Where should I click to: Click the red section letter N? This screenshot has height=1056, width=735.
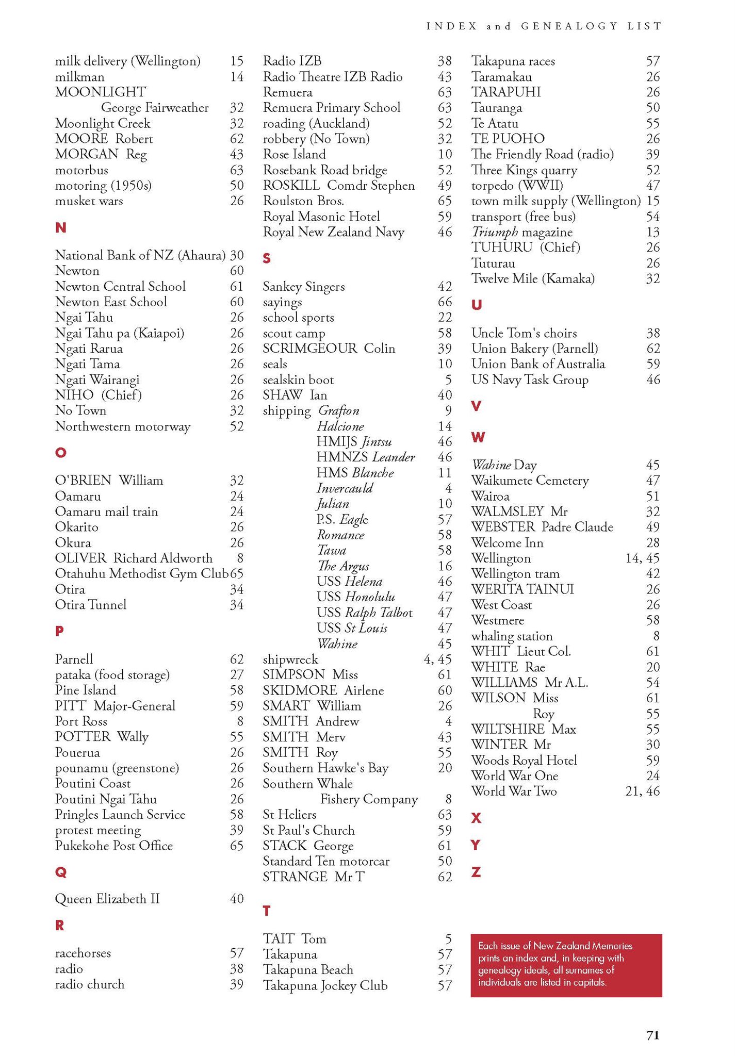click(60, 227)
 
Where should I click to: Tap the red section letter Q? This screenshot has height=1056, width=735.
click(60, 872)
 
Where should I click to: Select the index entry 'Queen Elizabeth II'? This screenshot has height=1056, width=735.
click(107, 899)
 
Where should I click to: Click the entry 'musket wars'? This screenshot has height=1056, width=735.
click(89, 201)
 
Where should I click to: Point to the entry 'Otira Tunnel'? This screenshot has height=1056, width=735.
click(91, 604)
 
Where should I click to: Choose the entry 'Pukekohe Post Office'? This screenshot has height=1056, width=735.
click(114, 846)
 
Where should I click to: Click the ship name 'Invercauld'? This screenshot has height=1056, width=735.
click(345, 488)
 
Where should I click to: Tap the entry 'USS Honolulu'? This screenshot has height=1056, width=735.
click(356, 597)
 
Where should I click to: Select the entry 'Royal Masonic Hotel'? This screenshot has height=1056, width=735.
click(321, 217)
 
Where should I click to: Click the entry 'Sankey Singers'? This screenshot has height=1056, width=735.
click(304, 286)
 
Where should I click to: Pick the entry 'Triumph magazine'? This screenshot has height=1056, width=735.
click(522, 232)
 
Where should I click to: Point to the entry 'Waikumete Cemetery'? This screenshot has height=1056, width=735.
click(530, 481)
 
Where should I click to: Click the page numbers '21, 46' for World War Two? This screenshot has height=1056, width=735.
click(642, 791)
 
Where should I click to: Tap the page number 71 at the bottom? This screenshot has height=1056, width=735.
click(653, 1035)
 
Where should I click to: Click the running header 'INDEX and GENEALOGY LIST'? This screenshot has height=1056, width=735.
click(544, 26)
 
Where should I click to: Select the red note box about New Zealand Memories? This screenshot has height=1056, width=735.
click(566, 965)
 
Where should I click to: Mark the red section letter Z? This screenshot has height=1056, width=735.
click(476, 872)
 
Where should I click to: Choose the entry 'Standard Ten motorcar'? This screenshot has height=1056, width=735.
click(326, 861)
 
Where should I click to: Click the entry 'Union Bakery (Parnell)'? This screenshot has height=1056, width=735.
click(534, 349)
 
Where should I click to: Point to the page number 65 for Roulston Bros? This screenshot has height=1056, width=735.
click(445, 201)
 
